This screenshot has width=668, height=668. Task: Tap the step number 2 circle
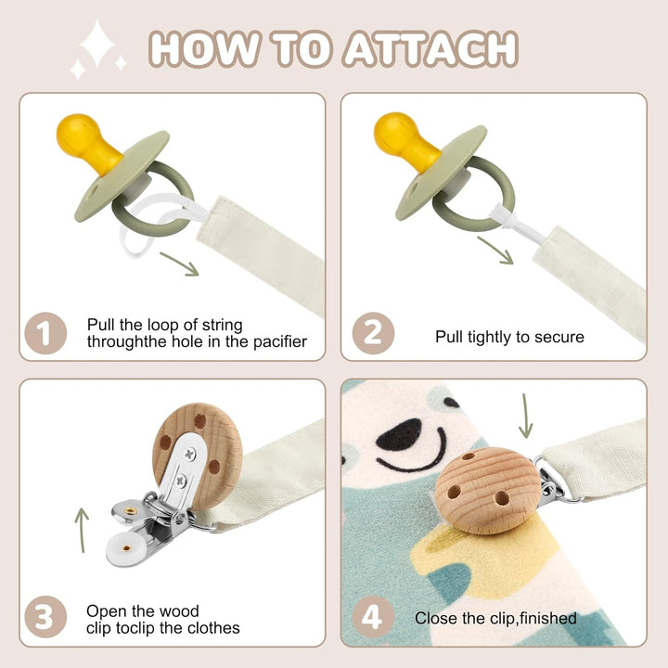tap(372, 334)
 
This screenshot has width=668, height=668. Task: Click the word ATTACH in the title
tap(430, 47)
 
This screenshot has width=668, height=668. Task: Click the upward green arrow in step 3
tap(82, 529)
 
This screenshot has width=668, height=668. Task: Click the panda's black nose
tap(401, 432)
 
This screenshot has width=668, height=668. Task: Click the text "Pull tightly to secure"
tap(509, 337)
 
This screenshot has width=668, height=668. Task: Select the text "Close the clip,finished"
tap(495, 618)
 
